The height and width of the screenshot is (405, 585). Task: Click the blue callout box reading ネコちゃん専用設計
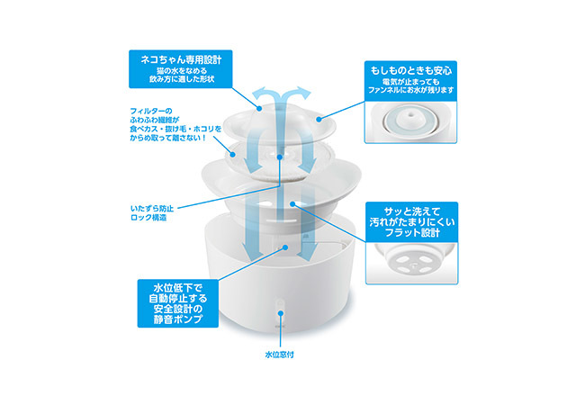coord(181,69)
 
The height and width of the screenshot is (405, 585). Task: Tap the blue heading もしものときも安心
coord(410,70)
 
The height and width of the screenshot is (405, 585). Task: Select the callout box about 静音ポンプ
coord(178,303)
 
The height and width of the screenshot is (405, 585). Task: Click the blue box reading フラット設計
coord(412,222)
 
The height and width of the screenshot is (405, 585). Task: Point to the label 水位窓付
coord(279,355)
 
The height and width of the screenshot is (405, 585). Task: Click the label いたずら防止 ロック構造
coord(152,213)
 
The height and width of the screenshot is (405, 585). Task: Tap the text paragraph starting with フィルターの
coord(175,124)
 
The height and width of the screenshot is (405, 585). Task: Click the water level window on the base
coord(280,312)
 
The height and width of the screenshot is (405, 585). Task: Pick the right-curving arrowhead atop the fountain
coord(303,93)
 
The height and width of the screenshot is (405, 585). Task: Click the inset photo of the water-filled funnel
coord(410,121)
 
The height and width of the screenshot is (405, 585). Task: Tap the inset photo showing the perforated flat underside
coord(412,263)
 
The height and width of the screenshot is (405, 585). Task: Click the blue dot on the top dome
coord(260,109)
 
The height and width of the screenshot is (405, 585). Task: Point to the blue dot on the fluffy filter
coord(233,154)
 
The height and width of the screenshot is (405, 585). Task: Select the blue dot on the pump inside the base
coord(285,247)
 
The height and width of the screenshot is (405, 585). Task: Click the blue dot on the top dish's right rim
coord(319,120)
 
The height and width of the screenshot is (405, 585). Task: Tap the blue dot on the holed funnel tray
coord(292,203)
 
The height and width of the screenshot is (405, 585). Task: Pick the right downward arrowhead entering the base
coord(307,253)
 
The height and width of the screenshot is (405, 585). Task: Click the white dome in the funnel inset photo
coord(410,119)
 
